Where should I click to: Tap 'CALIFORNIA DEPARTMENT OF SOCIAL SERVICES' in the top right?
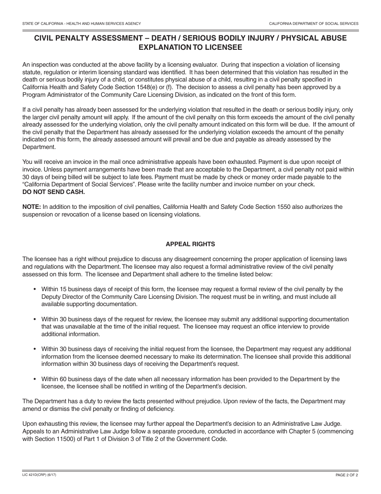click(314, 24)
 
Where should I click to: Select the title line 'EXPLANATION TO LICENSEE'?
click(190, 47)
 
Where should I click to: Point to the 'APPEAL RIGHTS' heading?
click(190, 244)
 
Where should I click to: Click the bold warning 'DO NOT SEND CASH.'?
click(54, 192)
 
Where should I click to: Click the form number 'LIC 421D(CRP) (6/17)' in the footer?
click(42, 475)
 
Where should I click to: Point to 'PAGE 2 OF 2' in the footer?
click(347, 475)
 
